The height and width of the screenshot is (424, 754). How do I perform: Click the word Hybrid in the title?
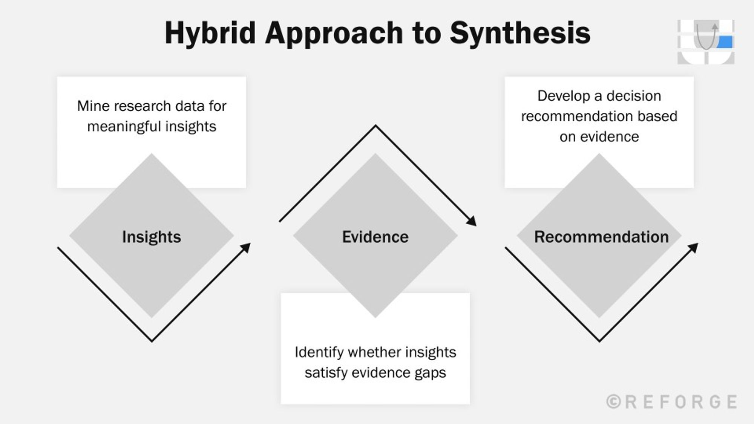[210, 33]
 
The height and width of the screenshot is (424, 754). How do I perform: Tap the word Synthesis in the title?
[520, 33]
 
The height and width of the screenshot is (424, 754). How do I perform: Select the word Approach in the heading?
[334, 33]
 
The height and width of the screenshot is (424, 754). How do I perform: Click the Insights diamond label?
[152, 237]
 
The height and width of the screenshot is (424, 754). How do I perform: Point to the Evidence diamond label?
[375, 237]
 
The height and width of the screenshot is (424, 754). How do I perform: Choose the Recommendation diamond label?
[601, 237]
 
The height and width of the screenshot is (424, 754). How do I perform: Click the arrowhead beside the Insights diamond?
[246, 248]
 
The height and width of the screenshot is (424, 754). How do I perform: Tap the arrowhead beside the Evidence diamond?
[472, 221]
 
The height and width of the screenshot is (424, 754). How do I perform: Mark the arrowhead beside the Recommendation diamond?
[694, 248]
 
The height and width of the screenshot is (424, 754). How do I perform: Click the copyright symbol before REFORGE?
[614, 402]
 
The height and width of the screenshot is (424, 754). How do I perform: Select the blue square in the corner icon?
[725, 42]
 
